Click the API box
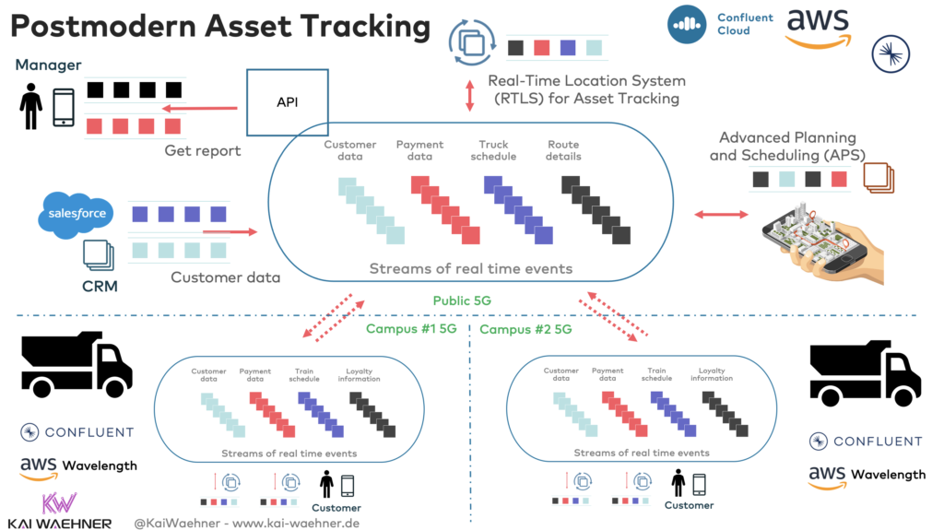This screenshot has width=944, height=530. [x=287, y=102]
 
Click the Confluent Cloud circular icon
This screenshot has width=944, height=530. [x=687, y=24]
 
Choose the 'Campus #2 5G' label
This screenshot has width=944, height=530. [x=526, y=329]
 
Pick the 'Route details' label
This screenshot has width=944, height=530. [x=564, y=150]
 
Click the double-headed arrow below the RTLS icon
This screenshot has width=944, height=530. [x=470, y=95]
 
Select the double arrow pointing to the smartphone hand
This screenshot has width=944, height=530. [x=721, y=214]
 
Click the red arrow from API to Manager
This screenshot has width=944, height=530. [x=198, y=109]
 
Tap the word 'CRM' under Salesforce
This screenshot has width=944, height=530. [x=100, y=286]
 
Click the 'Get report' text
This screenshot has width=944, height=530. [x=203, y=150]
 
